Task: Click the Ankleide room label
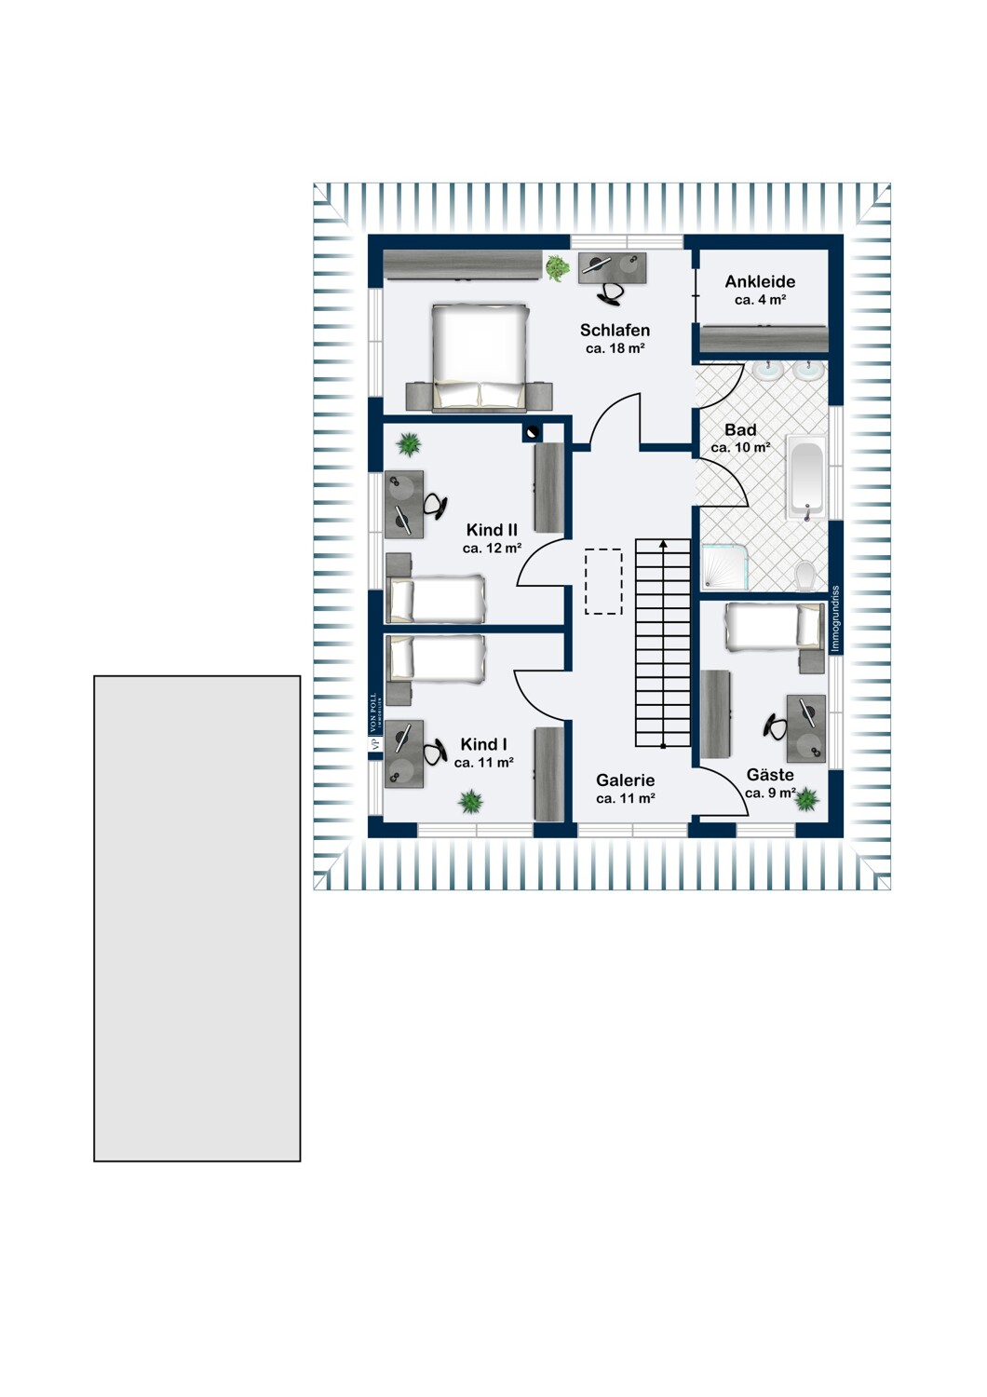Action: (760, 282)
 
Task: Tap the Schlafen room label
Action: (615, 330)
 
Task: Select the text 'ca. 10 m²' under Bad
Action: (740, 447)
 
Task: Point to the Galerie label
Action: (625, 780)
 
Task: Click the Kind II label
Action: (492, 530)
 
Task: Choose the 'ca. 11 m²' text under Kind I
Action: (484, 762)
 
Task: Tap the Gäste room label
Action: (770, 775)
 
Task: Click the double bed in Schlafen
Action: (480, 358)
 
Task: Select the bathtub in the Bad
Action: (806, 477)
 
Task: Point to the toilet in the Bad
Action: (806, 575)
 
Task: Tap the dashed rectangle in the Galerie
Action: (603, 581)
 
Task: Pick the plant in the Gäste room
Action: (806, 798)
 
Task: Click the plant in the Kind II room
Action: (409, 444)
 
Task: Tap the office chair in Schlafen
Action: (611, 293)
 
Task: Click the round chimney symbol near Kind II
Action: (532, 431)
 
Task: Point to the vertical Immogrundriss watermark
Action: (835, 619)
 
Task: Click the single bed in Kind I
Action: (436, 658)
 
